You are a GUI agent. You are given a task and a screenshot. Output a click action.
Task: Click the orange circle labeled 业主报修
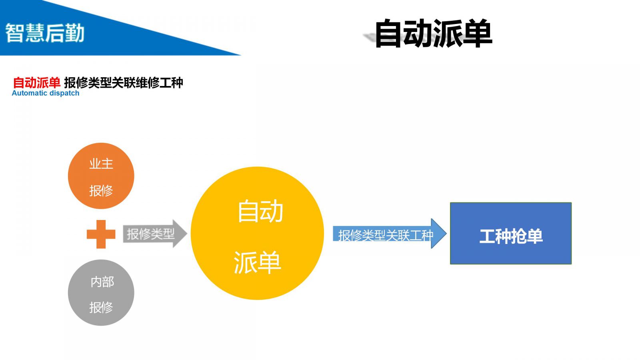(x=101, y=176)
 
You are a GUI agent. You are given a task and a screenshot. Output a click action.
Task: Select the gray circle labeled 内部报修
(x=101, y=293)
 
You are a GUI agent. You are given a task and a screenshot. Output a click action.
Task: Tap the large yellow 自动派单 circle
(x=257, y=233)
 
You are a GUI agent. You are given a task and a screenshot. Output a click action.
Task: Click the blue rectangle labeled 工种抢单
(x=511, y=233)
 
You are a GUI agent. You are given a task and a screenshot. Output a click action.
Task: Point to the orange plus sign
(x=101, y=234)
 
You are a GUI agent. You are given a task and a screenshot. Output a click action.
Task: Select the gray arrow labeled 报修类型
(x=154, y=234)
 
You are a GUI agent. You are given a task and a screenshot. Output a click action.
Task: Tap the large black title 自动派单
(x=433, y=34)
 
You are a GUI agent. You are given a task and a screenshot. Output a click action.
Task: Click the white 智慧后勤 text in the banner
(x=45, y=33)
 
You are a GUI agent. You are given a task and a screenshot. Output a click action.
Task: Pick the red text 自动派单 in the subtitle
(x=37, y=83)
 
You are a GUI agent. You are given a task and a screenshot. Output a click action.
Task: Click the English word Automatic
(x=30, y=93)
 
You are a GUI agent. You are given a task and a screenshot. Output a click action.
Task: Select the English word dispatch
(x=64, y=93)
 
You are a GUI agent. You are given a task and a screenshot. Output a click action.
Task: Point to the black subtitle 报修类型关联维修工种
(x=123, y=83)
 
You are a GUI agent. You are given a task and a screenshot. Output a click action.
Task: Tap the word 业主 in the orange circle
(x=101, y=164)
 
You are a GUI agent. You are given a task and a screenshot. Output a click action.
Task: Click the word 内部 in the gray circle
(x=102, y=282)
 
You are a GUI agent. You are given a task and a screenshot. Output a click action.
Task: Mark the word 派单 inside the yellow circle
(x=257, y=263)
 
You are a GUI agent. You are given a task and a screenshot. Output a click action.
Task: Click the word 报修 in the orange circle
(x=101, y=190)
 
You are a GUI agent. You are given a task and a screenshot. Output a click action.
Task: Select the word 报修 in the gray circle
(x=101, y=307)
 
